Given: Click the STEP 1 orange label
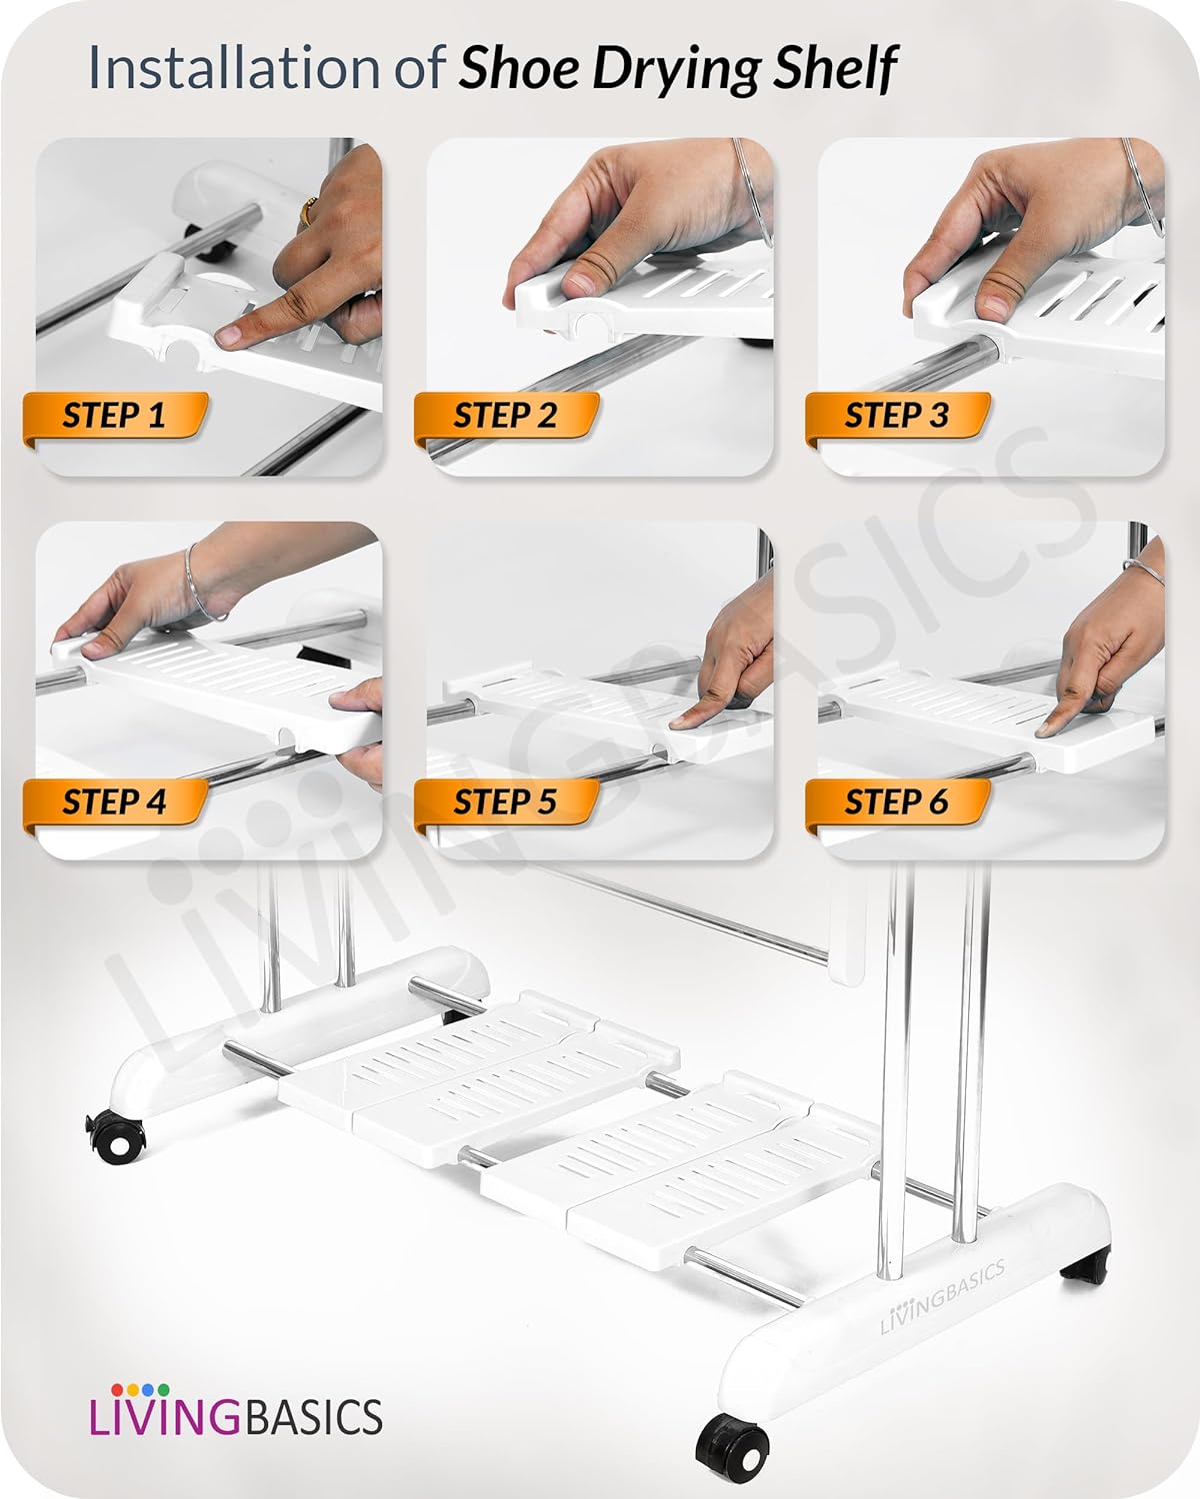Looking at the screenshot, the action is [116, 418].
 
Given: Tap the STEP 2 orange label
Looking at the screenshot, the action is [507, 418].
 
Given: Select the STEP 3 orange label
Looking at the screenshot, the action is [898, 418].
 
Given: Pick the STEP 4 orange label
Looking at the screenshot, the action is [116, 803].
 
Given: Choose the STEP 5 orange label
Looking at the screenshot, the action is [507, 803].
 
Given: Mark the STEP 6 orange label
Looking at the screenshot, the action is [898, 803].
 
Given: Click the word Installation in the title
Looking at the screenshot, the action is [234, 67].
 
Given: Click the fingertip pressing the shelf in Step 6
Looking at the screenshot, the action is [1048, 729].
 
